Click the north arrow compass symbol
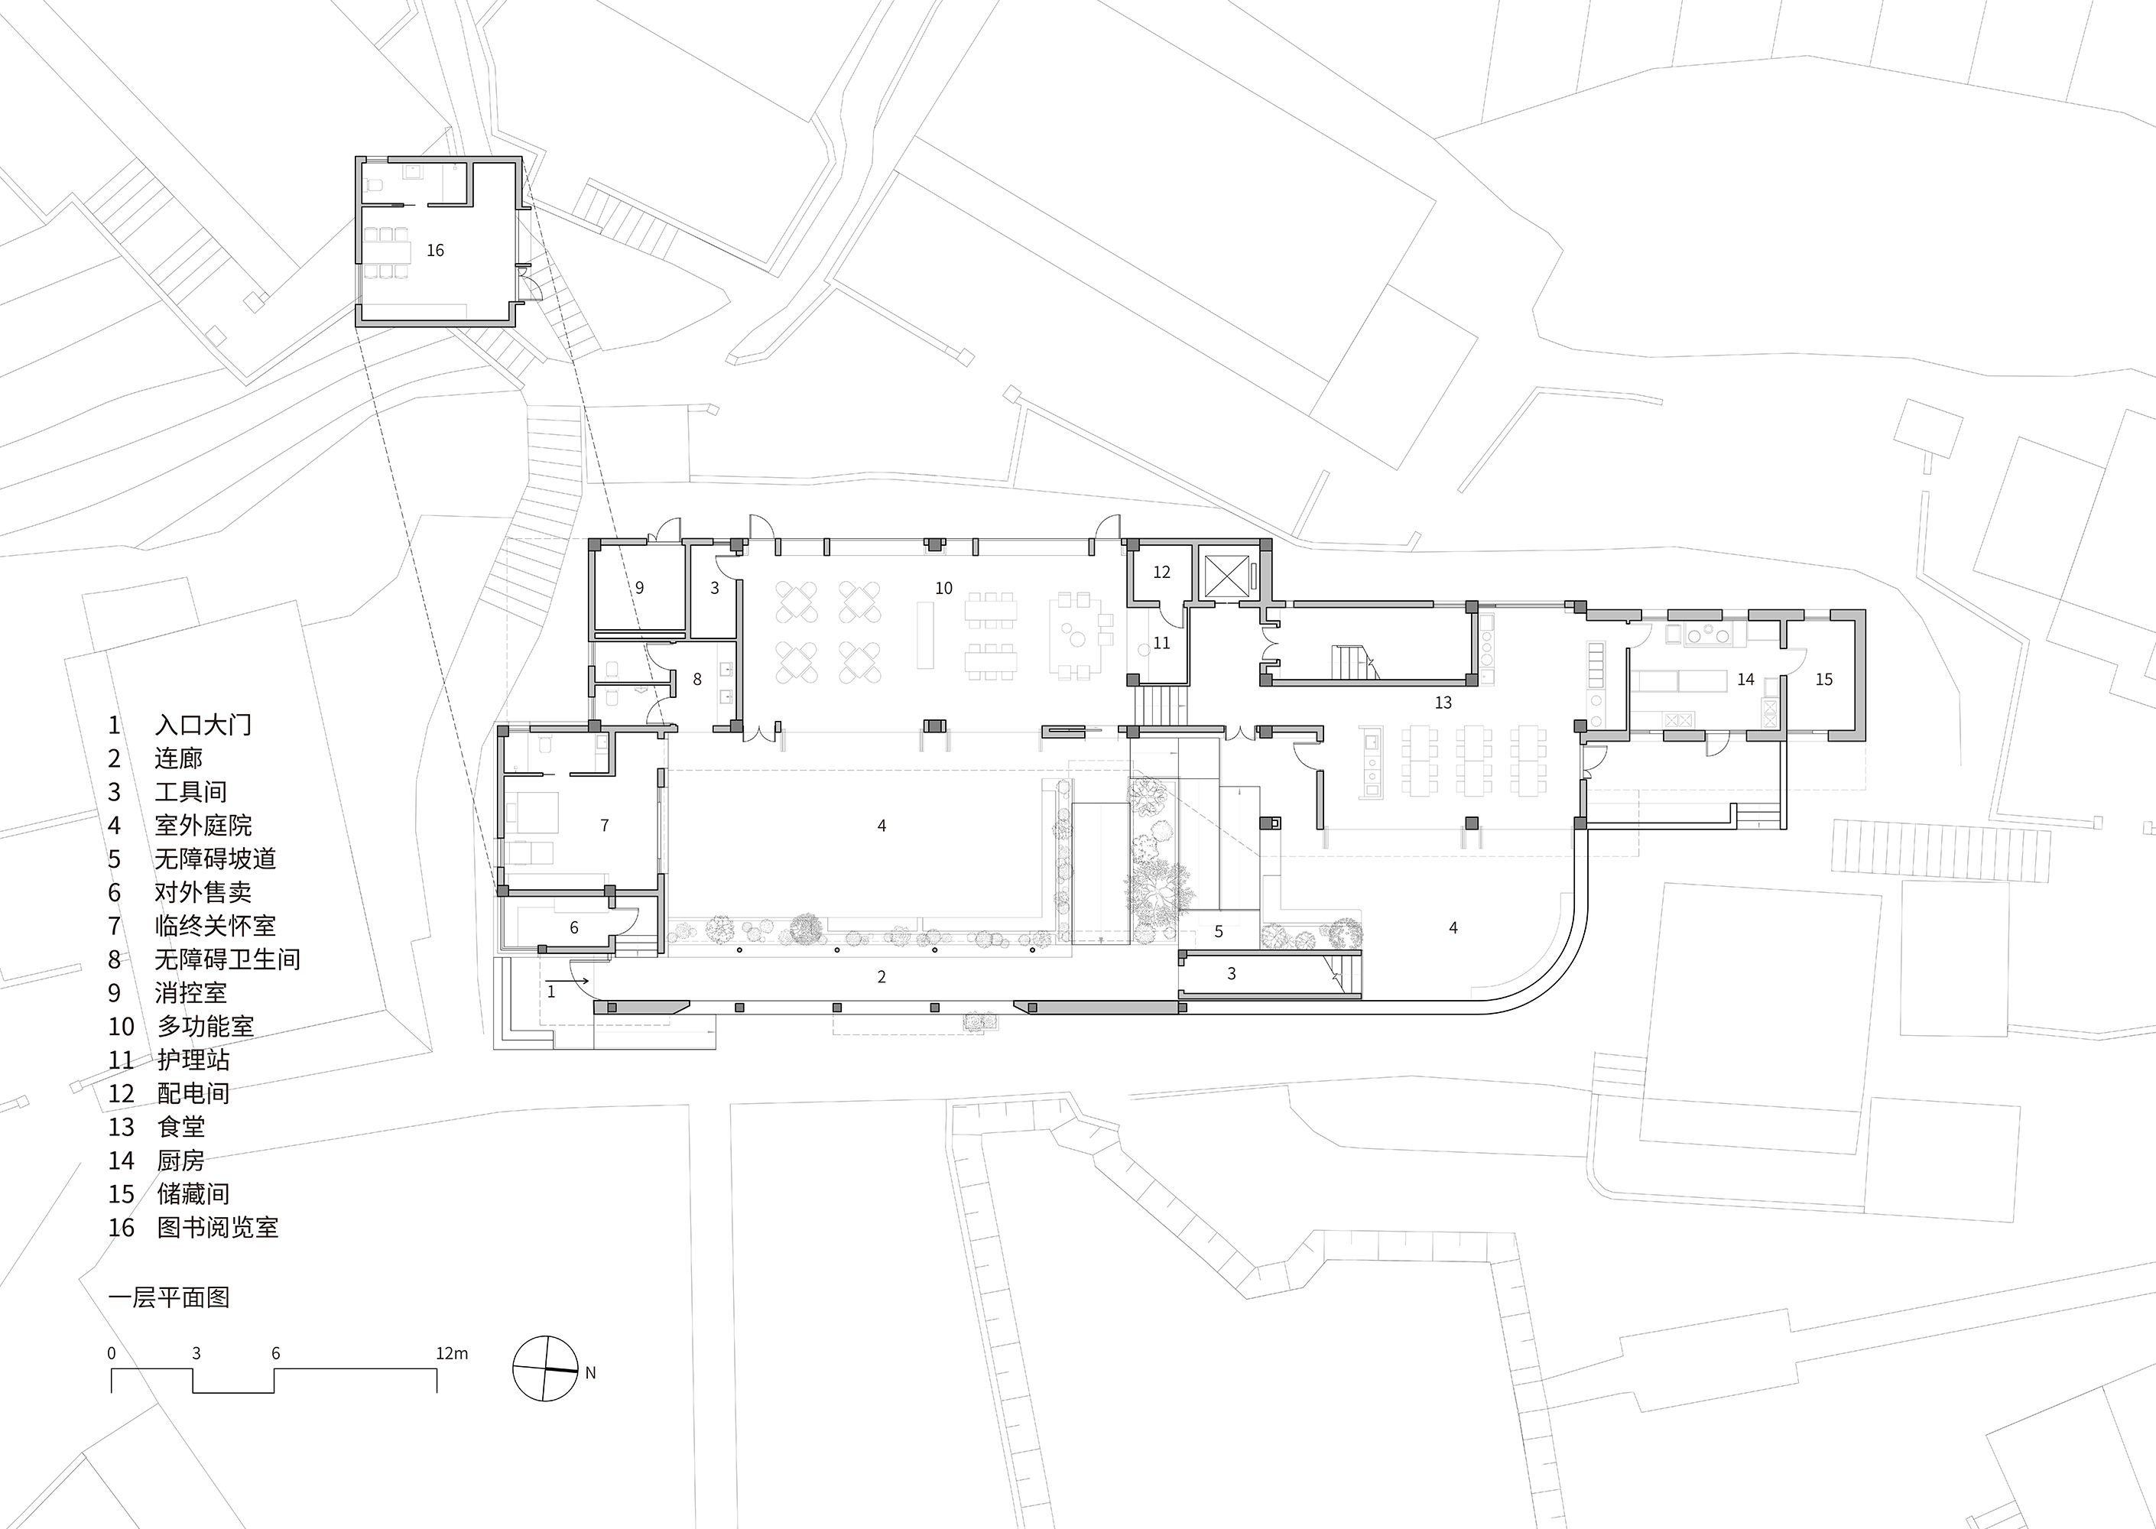[x=545, y=1369]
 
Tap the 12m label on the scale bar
[x=452, y=1354]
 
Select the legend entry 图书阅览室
[x=217, y=1228]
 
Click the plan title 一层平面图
[x=170, y=1297]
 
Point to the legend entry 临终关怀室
[x=216, y=926]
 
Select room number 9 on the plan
[x=639, y=587]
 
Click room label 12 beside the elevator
[x=1162, y=572]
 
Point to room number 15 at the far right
[x=1823, y=679]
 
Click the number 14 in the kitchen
[x=1745, y=679]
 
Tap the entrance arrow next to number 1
[x=579, y=980]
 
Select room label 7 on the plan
[x=605, y=826]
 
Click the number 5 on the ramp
[x=1218, y=931]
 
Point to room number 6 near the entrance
[x=574, y=927]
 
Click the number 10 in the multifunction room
[x=943, y=589]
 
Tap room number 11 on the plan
[x=1162, y=643]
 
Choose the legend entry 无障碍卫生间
[x=228, y=959]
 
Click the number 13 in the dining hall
[x=1443, y=703]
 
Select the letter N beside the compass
[x=590, y=1373]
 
